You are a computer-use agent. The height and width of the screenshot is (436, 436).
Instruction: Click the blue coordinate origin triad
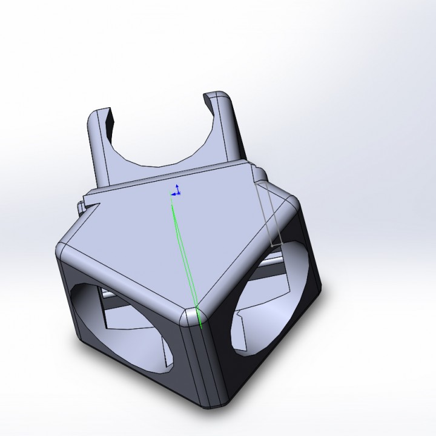click(176, 192)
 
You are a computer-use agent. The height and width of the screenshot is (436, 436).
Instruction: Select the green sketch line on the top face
click(184, 254)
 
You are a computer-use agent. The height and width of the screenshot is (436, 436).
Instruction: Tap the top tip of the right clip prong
click(217, 96)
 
